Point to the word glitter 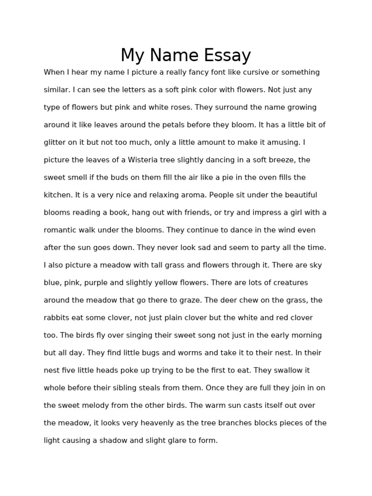[54, 142]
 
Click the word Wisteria [143, 160]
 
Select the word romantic [62, 230]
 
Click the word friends [195, 213]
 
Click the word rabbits [58, 318]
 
